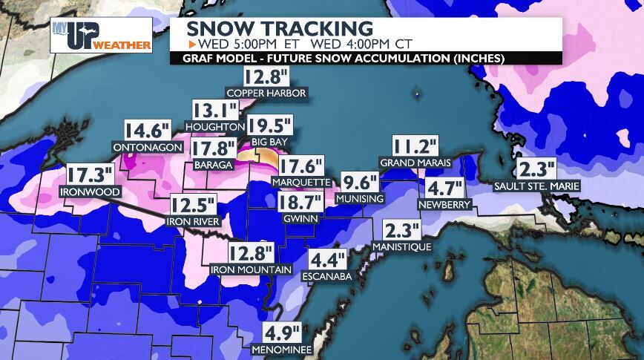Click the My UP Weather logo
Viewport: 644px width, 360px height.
101,36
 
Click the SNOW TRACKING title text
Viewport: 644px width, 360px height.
279,29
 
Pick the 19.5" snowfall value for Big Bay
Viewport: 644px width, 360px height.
270,125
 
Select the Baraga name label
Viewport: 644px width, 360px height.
213,164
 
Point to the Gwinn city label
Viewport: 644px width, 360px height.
300,219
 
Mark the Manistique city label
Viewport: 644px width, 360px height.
401,246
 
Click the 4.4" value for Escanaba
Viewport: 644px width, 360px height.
328,261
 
